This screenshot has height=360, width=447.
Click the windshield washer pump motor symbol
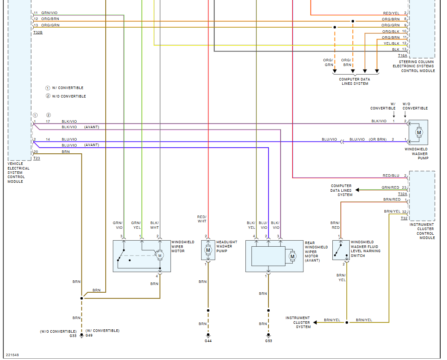coord(418,132)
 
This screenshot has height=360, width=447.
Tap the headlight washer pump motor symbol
coord(208,250)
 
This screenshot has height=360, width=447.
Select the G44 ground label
coord(208,341)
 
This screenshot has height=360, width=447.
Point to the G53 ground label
coord(268,341)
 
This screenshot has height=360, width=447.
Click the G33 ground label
coord(73,336)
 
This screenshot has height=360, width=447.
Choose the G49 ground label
coord(89,336)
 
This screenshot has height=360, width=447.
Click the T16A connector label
coord(402,55)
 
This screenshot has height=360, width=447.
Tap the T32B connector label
coord(37,32)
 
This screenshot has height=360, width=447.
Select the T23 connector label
coord(37,158)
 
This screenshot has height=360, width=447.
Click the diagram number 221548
coord(12,354)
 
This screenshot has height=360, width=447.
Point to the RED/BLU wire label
coord(391,176)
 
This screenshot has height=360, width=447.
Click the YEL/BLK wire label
coord(392,43)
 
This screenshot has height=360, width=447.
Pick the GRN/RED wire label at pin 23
coord(390,187)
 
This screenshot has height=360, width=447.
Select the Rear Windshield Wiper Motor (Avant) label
coord(316,251)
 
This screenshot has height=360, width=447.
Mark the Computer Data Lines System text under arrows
coord(355,81)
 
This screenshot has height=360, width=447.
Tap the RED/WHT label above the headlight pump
coord(202,219)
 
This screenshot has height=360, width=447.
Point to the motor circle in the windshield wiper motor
coord(160,255)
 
